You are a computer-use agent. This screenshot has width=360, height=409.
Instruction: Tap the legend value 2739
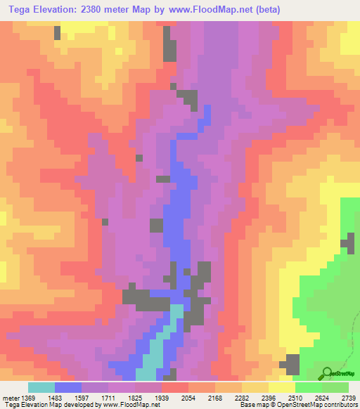click(349, 398)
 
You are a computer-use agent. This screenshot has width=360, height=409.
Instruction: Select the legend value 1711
click(109, 398)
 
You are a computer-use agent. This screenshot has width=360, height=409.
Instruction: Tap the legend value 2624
click(323, 398)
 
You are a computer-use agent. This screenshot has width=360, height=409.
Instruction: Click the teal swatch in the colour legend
click(41, 387)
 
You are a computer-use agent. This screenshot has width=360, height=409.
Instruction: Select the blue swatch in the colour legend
click(68, 387)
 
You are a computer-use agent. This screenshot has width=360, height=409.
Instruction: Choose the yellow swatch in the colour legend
click(282, 387)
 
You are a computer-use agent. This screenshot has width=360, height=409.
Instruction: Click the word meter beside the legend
click(10, 398)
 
